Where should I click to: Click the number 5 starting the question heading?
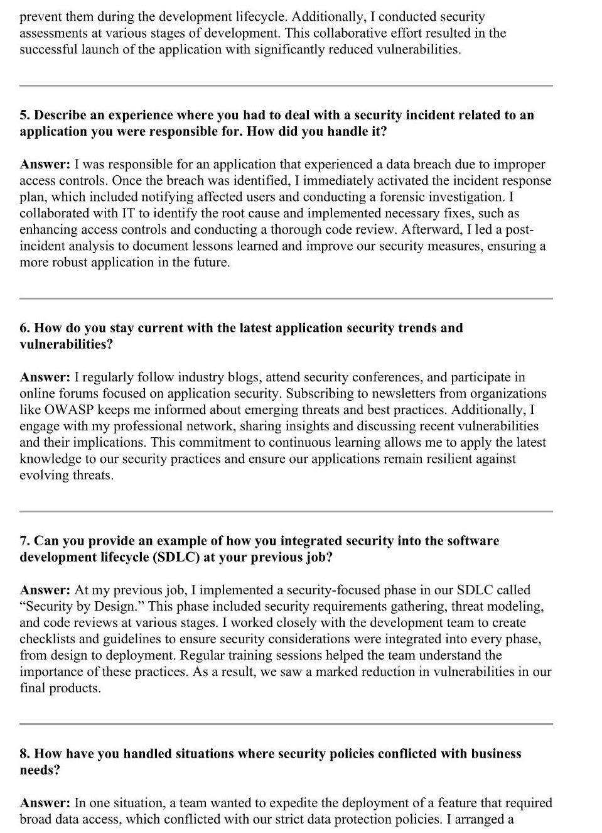[24, 115]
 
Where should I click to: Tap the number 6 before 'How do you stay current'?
[24, 328]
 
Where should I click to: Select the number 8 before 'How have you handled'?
[24, 754]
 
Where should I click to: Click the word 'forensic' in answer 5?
[404, 197]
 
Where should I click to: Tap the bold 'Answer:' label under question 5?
[45, 165]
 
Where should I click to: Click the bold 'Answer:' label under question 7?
[45, 591]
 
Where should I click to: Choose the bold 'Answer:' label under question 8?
[45, 803]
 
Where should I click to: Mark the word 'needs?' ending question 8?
[40, 770]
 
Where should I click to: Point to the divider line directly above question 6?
[286, 298]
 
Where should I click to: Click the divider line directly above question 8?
[286, 724]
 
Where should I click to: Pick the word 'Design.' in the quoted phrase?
[118, 607]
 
